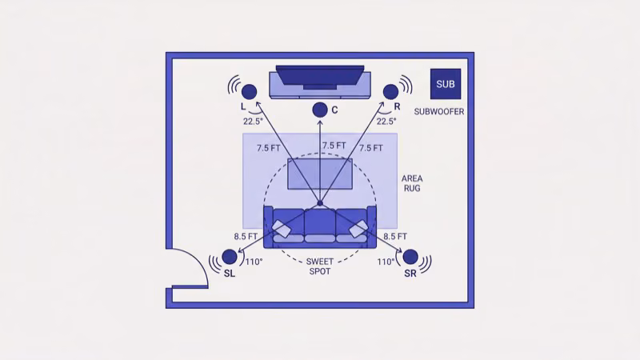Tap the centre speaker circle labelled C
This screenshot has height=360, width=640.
click(320, 110)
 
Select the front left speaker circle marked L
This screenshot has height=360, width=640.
click(249, 92)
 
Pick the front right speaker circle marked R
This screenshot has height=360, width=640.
click(391, 92)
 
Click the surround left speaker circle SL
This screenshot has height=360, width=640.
click(230, 257)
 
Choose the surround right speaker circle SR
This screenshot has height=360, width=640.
click(410, 257)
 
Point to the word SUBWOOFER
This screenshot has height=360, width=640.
click(439, 111)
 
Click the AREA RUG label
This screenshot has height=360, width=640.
click(411, 183)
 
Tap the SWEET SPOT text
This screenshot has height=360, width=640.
click(320, 266)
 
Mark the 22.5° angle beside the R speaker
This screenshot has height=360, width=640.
click(386, 122)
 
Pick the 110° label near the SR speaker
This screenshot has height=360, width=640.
click(385, 262)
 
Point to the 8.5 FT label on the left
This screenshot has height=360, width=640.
click(246, 237)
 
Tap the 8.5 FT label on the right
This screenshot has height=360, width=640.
click(395, 237)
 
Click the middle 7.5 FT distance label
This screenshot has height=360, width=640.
click(334, 146)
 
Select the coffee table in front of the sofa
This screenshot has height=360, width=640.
click(320, 174)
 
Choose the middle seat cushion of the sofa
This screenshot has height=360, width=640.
click(320, 222)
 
